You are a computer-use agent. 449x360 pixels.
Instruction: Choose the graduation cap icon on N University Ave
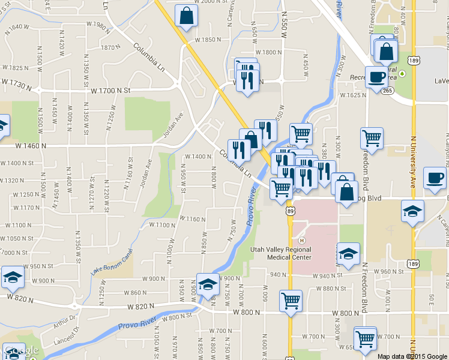[413, 211]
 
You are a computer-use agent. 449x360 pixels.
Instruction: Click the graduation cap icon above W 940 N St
[348, 254]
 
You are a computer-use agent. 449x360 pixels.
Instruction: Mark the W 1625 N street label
[353, 95]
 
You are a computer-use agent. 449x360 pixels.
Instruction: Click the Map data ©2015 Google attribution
[412, 356]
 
